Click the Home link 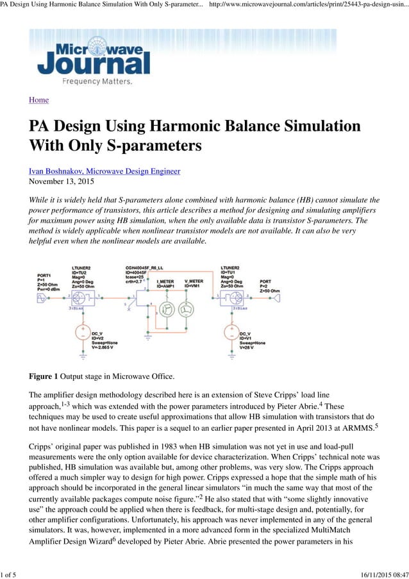(x=38, y=100)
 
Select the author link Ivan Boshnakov (x=104, y=171)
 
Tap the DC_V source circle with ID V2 (x=82, y=333)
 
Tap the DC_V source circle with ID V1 (x=230, y=333)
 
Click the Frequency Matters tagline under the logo (x=97, y=81)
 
